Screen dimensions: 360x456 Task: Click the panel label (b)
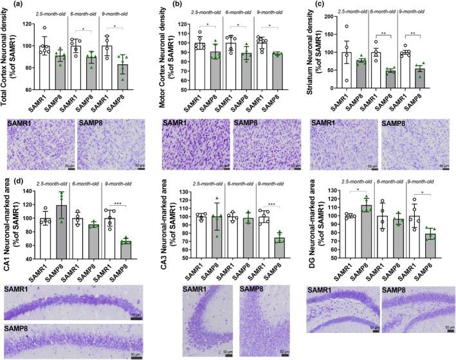point(163,6)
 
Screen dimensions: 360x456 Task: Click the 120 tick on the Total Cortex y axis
point(28,24)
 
